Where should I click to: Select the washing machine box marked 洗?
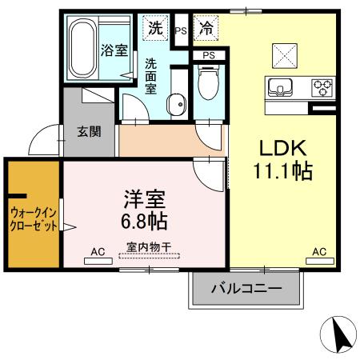point(156,27)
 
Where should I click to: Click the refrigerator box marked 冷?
point(206,27)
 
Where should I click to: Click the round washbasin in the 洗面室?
point(177,102)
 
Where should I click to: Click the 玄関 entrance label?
point(88,132)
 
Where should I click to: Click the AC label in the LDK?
point(319,253)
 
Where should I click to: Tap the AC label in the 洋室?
point(98,253)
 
